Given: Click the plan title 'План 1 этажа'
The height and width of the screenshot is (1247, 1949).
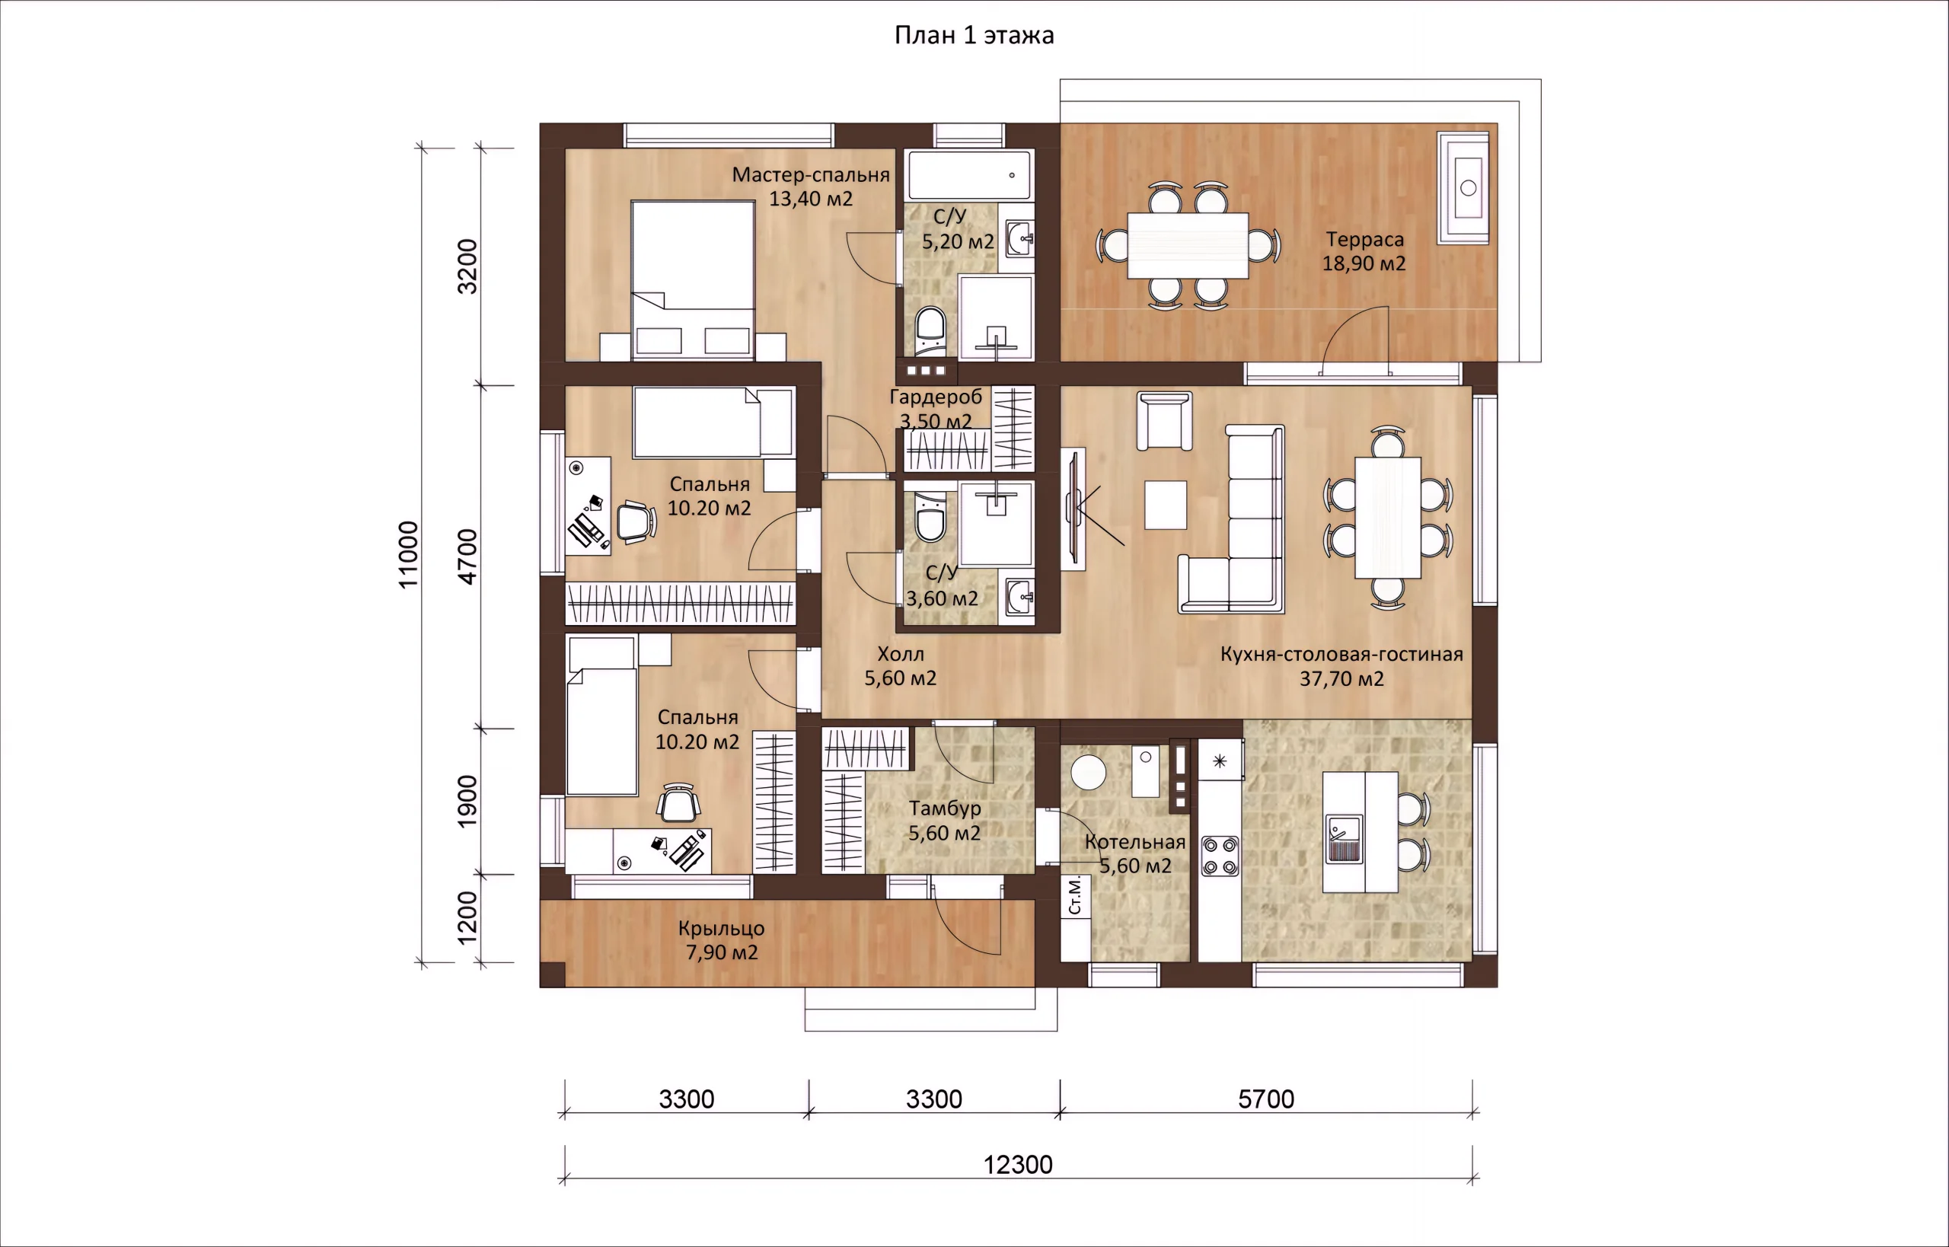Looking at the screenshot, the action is [x=974, y=36].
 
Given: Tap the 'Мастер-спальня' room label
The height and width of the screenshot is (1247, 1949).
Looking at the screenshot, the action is [x=811, y=175].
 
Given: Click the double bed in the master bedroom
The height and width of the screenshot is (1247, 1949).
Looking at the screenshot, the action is [x=693, y=280].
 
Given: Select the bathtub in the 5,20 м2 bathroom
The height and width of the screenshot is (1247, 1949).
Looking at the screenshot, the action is [x=969, y=175].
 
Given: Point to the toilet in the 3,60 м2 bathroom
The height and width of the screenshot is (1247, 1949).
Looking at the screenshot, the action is [x=930, y=517].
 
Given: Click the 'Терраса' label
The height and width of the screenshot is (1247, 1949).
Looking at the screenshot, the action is [x=1364, y=240].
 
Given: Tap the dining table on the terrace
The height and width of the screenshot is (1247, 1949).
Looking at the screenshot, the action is [x=1188, y=245].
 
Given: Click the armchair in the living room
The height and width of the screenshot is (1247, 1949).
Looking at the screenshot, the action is [x=1164, y=420].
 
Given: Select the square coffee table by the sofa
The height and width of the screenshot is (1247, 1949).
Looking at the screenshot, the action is [x=1166, y=505].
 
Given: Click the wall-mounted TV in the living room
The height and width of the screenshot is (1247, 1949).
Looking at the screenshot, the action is [x=1073, y=508].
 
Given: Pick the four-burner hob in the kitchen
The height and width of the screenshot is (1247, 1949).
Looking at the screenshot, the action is [x=1220, y=856].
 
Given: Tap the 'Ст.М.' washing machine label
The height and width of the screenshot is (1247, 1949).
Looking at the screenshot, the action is [x=1075, y=895].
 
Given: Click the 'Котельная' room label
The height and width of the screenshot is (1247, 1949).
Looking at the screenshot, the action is [x=1135, y=842].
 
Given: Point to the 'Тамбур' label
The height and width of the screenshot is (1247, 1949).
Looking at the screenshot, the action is [x=945, y=808].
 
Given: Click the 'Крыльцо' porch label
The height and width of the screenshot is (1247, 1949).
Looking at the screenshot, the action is [x=722, y=929].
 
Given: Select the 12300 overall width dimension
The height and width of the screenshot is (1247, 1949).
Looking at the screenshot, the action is [x=1018, y=1165].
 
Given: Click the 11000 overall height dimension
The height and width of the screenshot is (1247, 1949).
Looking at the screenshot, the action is [x=408, y=555].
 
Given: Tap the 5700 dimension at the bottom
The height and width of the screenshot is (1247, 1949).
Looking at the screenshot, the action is [x=1266, y=1099].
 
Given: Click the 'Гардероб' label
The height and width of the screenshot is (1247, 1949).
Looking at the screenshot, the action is [x=936, y=397].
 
